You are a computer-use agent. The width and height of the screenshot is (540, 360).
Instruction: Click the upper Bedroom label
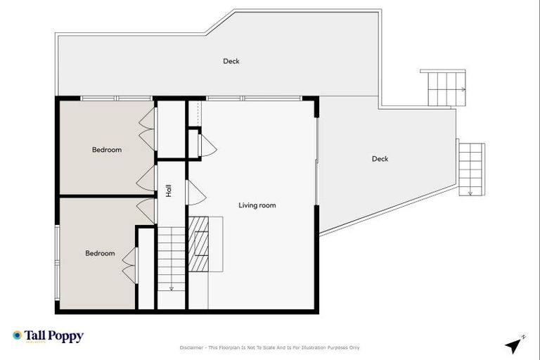coord(107,150)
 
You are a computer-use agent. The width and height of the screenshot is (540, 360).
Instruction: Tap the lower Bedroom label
coord(100,253)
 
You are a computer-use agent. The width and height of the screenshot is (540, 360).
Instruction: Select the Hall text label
coord(169,190)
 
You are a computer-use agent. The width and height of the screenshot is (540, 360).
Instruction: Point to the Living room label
coord(257,205)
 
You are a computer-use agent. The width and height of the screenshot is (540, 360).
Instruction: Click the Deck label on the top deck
coord(231,61)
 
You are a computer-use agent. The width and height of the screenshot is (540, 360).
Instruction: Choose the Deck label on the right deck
coord(380,159)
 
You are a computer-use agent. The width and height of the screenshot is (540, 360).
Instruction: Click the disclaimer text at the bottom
coord(270,347)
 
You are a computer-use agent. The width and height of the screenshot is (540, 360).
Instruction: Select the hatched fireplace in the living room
coord(200,243)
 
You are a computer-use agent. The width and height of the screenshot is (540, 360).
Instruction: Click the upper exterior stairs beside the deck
coord(443,88)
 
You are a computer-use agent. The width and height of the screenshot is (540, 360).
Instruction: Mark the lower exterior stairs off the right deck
coord(471,167)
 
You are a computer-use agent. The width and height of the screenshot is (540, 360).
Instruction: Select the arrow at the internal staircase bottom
coord(171,287)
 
